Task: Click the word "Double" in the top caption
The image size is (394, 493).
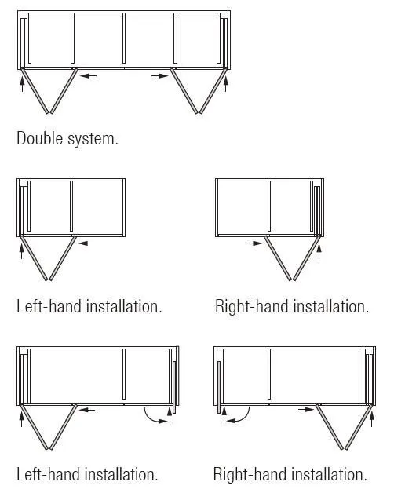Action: coord(39,138)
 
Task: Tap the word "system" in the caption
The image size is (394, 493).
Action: coord(92,139)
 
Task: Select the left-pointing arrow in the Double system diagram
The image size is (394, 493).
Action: coord(88,76)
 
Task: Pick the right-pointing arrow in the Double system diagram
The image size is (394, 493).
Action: coord(160,76)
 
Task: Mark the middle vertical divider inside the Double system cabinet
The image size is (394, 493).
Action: coord(124,38)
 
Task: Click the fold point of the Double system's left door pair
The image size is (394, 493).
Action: coord(49,111)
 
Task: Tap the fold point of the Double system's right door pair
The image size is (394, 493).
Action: coord(199,111)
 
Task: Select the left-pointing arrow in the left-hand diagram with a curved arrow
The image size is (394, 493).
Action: coord(87,410)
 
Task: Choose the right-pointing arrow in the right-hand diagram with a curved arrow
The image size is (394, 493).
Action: coord(306,409)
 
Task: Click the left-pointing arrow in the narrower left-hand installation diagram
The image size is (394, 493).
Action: coord(86,243)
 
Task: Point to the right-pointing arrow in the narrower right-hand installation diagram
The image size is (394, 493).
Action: coord(254,243)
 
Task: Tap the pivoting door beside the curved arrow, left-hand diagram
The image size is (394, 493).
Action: coord(174,387)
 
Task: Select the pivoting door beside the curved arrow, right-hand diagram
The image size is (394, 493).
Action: coord(219,387)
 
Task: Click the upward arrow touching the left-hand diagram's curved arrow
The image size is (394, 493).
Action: coord(170,415)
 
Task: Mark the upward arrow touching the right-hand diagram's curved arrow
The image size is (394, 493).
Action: coord(224,415)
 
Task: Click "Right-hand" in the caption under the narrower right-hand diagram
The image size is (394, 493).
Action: coord(252,306)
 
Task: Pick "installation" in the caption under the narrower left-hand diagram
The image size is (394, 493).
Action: coord(124,306)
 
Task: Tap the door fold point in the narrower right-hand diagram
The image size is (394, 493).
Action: coord(292,279)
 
